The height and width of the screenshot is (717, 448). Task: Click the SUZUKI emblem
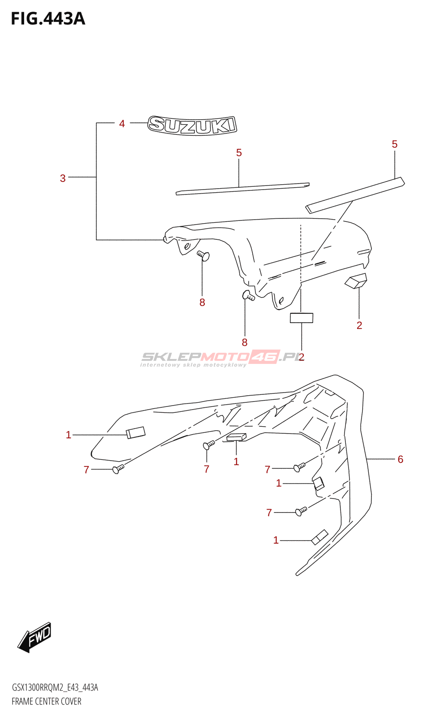(192, 125)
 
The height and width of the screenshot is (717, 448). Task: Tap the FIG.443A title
(48, 19)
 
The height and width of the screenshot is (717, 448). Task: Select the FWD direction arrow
(35, 637)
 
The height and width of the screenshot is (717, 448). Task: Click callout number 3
(63, 178)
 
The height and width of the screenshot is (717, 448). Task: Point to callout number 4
(122, 124)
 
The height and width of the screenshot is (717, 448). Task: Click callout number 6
(400, 459)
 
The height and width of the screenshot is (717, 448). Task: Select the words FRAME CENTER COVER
(47, 701)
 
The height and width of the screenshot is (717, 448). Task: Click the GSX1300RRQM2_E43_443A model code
(55, 687)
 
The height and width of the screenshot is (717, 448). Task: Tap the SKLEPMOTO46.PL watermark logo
(220, 358)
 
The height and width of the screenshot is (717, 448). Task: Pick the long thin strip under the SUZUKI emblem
(242, 189)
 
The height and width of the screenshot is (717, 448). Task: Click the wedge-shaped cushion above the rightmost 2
(356, 281)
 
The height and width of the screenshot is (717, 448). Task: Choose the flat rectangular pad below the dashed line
(302, 318)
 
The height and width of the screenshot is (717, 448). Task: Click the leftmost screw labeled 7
(118, 469)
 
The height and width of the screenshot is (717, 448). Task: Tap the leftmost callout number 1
(69, 435)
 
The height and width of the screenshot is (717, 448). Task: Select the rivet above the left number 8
(203, 256)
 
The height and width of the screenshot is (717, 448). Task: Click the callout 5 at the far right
(394, 144)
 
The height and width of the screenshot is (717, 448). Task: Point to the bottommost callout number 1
(276, 540)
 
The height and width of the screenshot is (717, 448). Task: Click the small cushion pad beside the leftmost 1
(136, 432)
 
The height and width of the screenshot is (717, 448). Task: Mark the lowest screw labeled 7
(301, 511)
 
